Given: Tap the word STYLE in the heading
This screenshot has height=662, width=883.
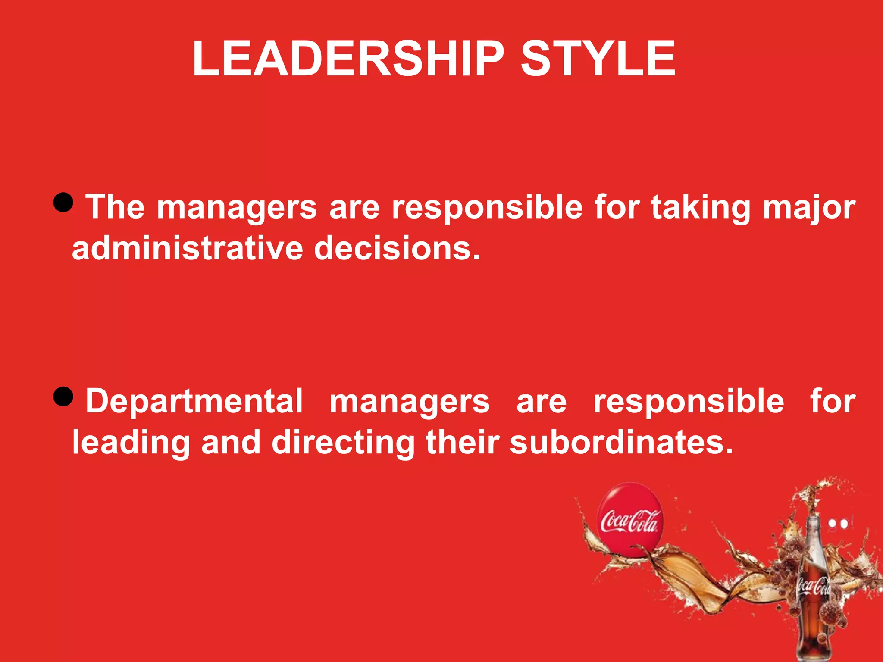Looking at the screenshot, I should pos(598,59).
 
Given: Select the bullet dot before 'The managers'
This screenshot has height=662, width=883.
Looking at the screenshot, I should pos(64,202).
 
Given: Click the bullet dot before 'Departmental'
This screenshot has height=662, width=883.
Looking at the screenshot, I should pos(64,396).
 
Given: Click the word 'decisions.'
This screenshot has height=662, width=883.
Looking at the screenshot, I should pos(397,249).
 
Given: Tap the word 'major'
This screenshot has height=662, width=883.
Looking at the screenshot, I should pos(809,208).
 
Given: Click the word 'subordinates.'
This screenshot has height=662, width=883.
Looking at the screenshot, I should pos(621,443).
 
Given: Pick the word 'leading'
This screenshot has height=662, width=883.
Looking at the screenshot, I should pos(131,443).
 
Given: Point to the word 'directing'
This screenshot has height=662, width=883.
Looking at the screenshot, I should pos(343,443).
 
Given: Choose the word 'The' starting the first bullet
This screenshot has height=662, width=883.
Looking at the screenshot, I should pos(115,207).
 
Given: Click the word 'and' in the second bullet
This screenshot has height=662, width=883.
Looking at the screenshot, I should pos(231,443).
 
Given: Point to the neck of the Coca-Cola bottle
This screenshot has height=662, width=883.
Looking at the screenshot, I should pos(813,534).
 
